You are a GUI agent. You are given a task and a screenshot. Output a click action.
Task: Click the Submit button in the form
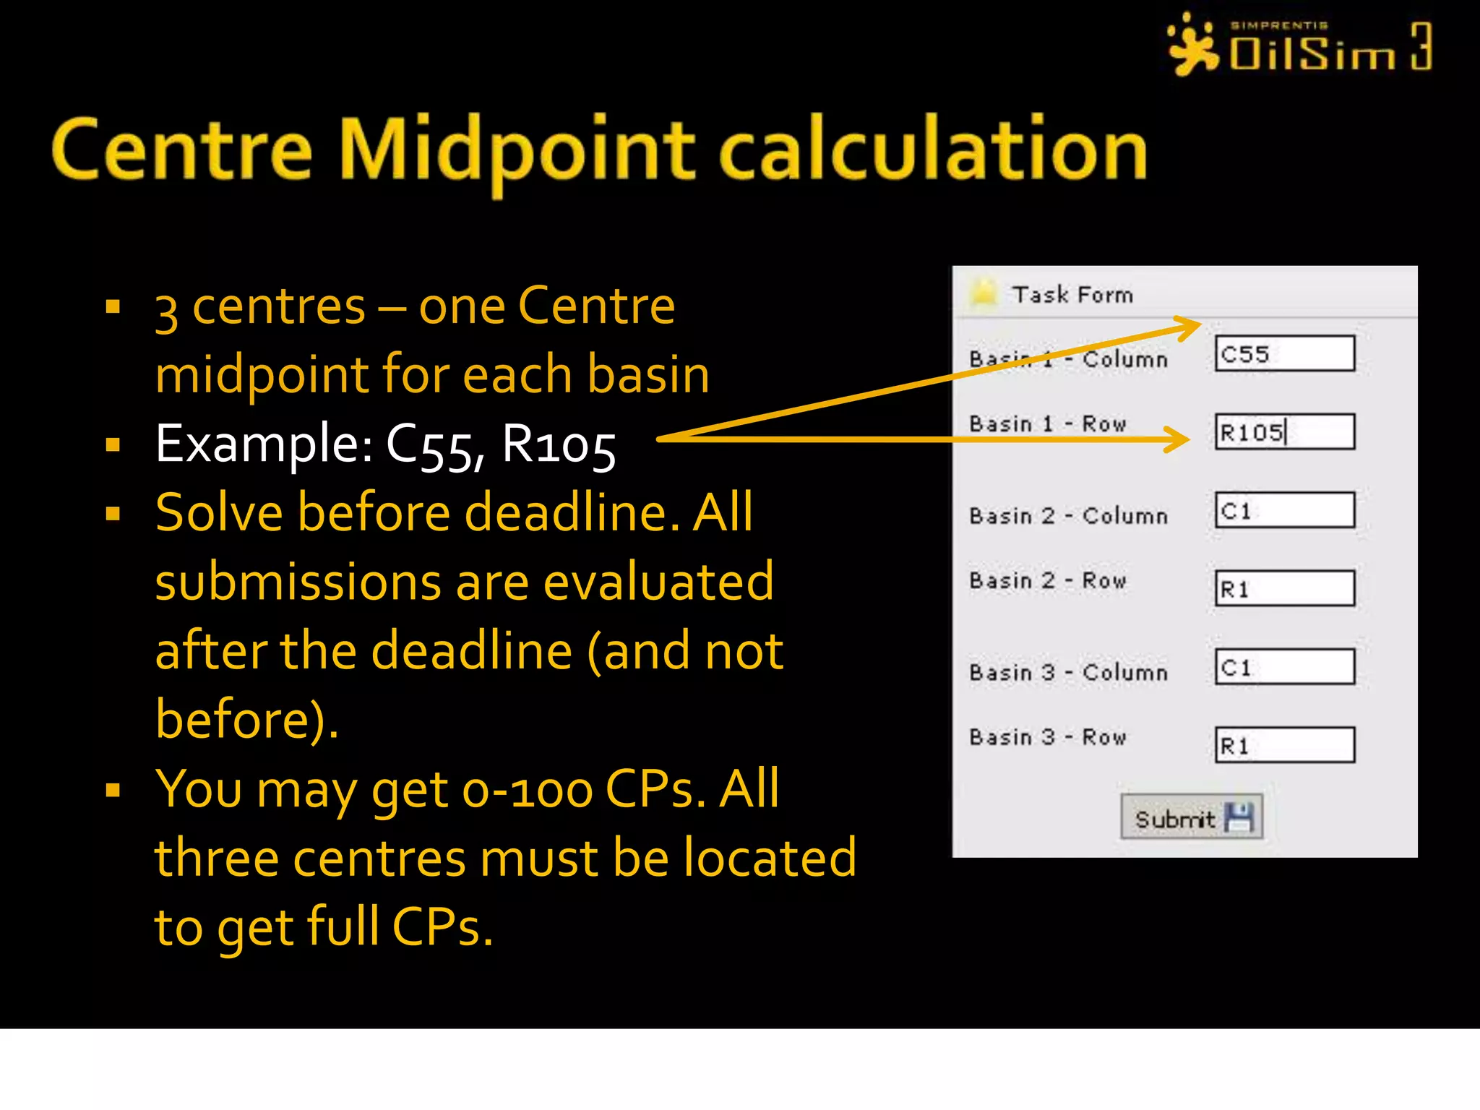pyautogui.click(x=1191, y=817)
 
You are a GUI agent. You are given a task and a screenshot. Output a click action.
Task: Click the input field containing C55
pyautogui.click(x=1284, y=353)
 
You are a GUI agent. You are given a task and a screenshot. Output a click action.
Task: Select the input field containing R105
pyautogui.click(x=1284, y=432)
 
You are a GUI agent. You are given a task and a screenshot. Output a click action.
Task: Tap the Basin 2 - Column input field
pyautogui.click(x=1284, y=510)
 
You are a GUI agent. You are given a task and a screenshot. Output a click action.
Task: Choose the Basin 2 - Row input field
pyautogui.click(x=1284, y=588)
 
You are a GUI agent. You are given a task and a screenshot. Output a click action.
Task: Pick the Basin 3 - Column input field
pyautogui.click(x=1284, y=666)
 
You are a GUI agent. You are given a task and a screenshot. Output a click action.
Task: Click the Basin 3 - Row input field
pyautogui.click(x=1284, y=744)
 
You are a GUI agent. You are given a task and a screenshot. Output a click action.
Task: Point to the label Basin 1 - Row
pyautogui.click(x=1047, y=423)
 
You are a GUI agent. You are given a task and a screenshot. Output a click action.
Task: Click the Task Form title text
pyautogui.click(x=1072, y=295)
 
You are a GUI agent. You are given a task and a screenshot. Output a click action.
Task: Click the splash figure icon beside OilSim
pyautogui.click(x=1193, y=45)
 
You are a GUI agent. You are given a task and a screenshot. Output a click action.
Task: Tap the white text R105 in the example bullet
pyautogui.click(x=558, y=444)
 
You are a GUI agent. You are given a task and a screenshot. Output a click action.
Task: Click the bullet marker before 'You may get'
pyautogui.click(x=113, y=791)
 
